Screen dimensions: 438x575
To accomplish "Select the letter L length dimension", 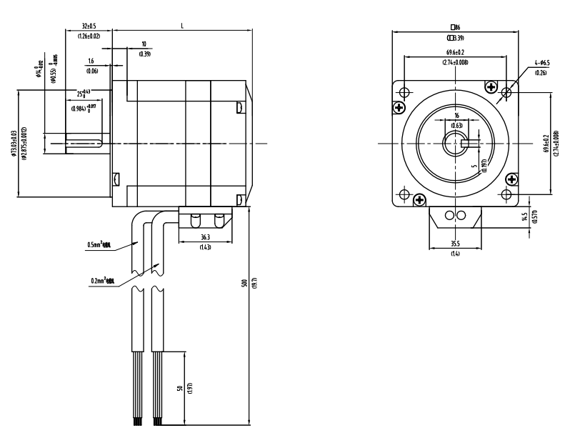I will (182, 26).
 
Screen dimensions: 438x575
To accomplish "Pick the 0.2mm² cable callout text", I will (104, 281).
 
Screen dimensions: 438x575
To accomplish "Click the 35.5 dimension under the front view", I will (454, 245).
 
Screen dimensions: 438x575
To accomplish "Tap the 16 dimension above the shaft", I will (457, 116).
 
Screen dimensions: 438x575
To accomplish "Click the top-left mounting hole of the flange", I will (405, 93).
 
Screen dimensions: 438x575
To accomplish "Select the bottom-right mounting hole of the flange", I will (506, 194).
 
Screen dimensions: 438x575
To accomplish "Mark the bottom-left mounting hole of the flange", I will (405, 194).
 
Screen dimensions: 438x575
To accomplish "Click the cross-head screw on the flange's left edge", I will (399, 107).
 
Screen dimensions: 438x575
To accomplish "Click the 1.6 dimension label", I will (91, 61).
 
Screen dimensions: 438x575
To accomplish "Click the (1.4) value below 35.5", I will (454, 254).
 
